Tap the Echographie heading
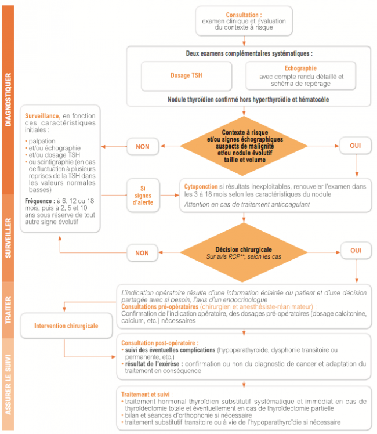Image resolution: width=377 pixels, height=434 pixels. tap(300, 68)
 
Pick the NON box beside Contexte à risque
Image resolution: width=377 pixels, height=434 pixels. tap(143, 146)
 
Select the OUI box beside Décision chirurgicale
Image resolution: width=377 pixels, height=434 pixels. tap(356, 251)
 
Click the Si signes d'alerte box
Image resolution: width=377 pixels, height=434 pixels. tap(143, 194)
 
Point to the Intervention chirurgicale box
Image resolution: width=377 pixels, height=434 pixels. tap(66, 325)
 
